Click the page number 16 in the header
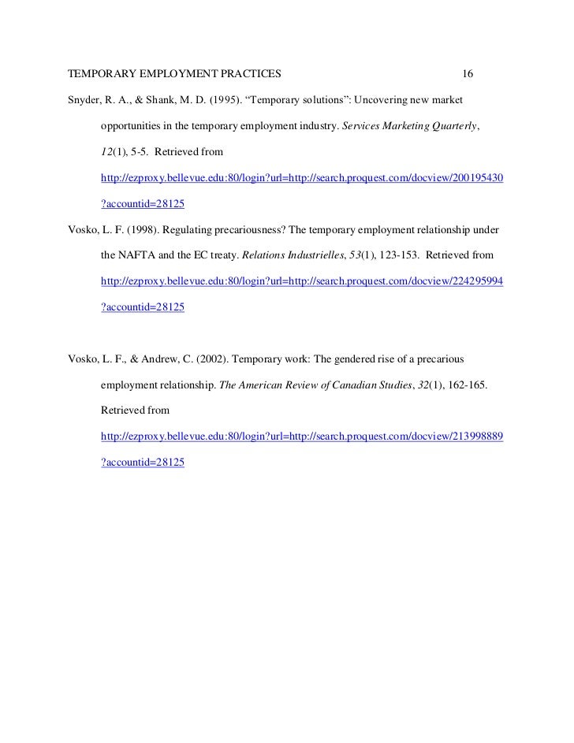coord(468,75)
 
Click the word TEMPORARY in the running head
coord(99,75)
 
